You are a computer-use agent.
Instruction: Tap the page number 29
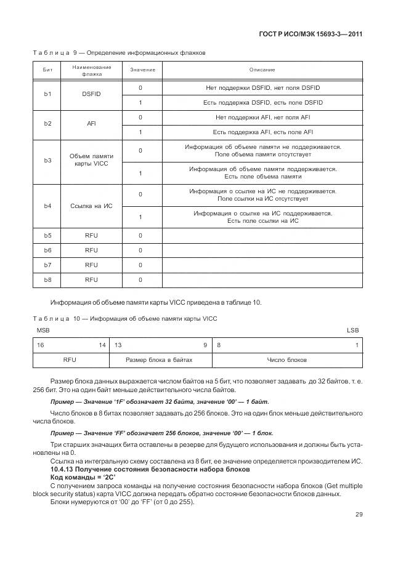[x=357, y=515]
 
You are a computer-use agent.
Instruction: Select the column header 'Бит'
[x=47, y=70]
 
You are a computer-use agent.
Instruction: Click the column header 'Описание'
[x=262, y=70]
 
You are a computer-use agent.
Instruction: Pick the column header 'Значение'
[x=142, y=70]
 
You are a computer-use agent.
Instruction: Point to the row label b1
[x=47, y=95]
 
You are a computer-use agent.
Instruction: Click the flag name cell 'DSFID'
[x=91, y=95]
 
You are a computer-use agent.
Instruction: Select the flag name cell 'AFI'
[x=91, y=124]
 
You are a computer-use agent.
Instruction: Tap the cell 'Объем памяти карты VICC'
[x=91, y=161]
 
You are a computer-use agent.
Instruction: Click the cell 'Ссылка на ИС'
[x=91, y=206]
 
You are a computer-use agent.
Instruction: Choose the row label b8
[x=47, y=280]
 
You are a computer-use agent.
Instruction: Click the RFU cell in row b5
[x=91, y=236]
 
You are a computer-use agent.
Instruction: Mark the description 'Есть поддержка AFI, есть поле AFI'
[x=262, y=132]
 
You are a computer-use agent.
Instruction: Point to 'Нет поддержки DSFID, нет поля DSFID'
[x=262, y=88]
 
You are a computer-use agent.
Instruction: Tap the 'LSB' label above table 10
[x=352, y=331]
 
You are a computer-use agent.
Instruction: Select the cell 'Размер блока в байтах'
[x=160, y=359]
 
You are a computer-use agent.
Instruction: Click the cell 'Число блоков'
[x=286, y=359]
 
